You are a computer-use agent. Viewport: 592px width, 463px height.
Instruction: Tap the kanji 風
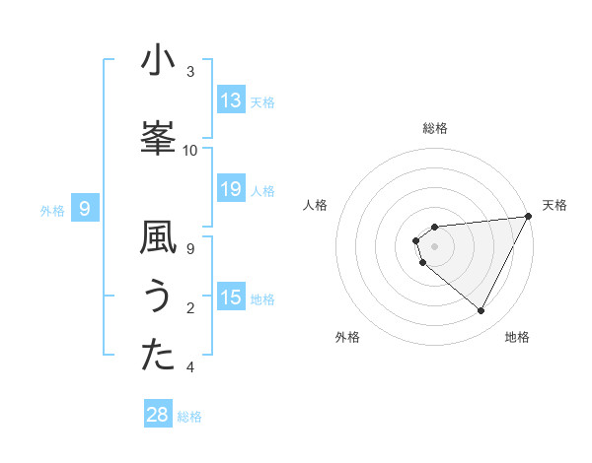158,237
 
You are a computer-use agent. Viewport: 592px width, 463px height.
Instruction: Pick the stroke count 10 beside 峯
190,151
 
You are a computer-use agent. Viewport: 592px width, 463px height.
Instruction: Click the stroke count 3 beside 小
190,72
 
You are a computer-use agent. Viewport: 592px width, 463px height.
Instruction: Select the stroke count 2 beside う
190,308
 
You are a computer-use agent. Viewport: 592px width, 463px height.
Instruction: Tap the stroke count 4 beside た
190,367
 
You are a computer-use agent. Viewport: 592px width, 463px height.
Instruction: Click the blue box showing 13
231,100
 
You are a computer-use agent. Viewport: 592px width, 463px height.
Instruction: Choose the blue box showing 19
231,189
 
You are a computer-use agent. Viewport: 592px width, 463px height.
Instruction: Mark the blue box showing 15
231,298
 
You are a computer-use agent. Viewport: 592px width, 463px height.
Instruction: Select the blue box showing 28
158,415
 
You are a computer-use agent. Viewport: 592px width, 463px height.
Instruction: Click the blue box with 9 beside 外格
85,209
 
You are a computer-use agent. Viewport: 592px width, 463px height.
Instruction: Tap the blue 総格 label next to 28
189,417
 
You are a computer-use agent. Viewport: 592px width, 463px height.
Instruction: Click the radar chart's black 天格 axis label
555,205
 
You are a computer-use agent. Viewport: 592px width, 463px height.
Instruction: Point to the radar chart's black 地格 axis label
517,337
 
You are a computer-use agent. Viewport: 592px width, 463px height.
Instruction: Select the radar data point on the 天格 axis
528,216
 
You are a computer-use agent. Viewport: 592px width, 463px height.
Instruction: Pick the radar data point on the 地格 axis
481,311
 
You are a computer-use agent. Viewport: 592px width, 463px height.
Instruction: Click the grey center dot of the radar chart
434,246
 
